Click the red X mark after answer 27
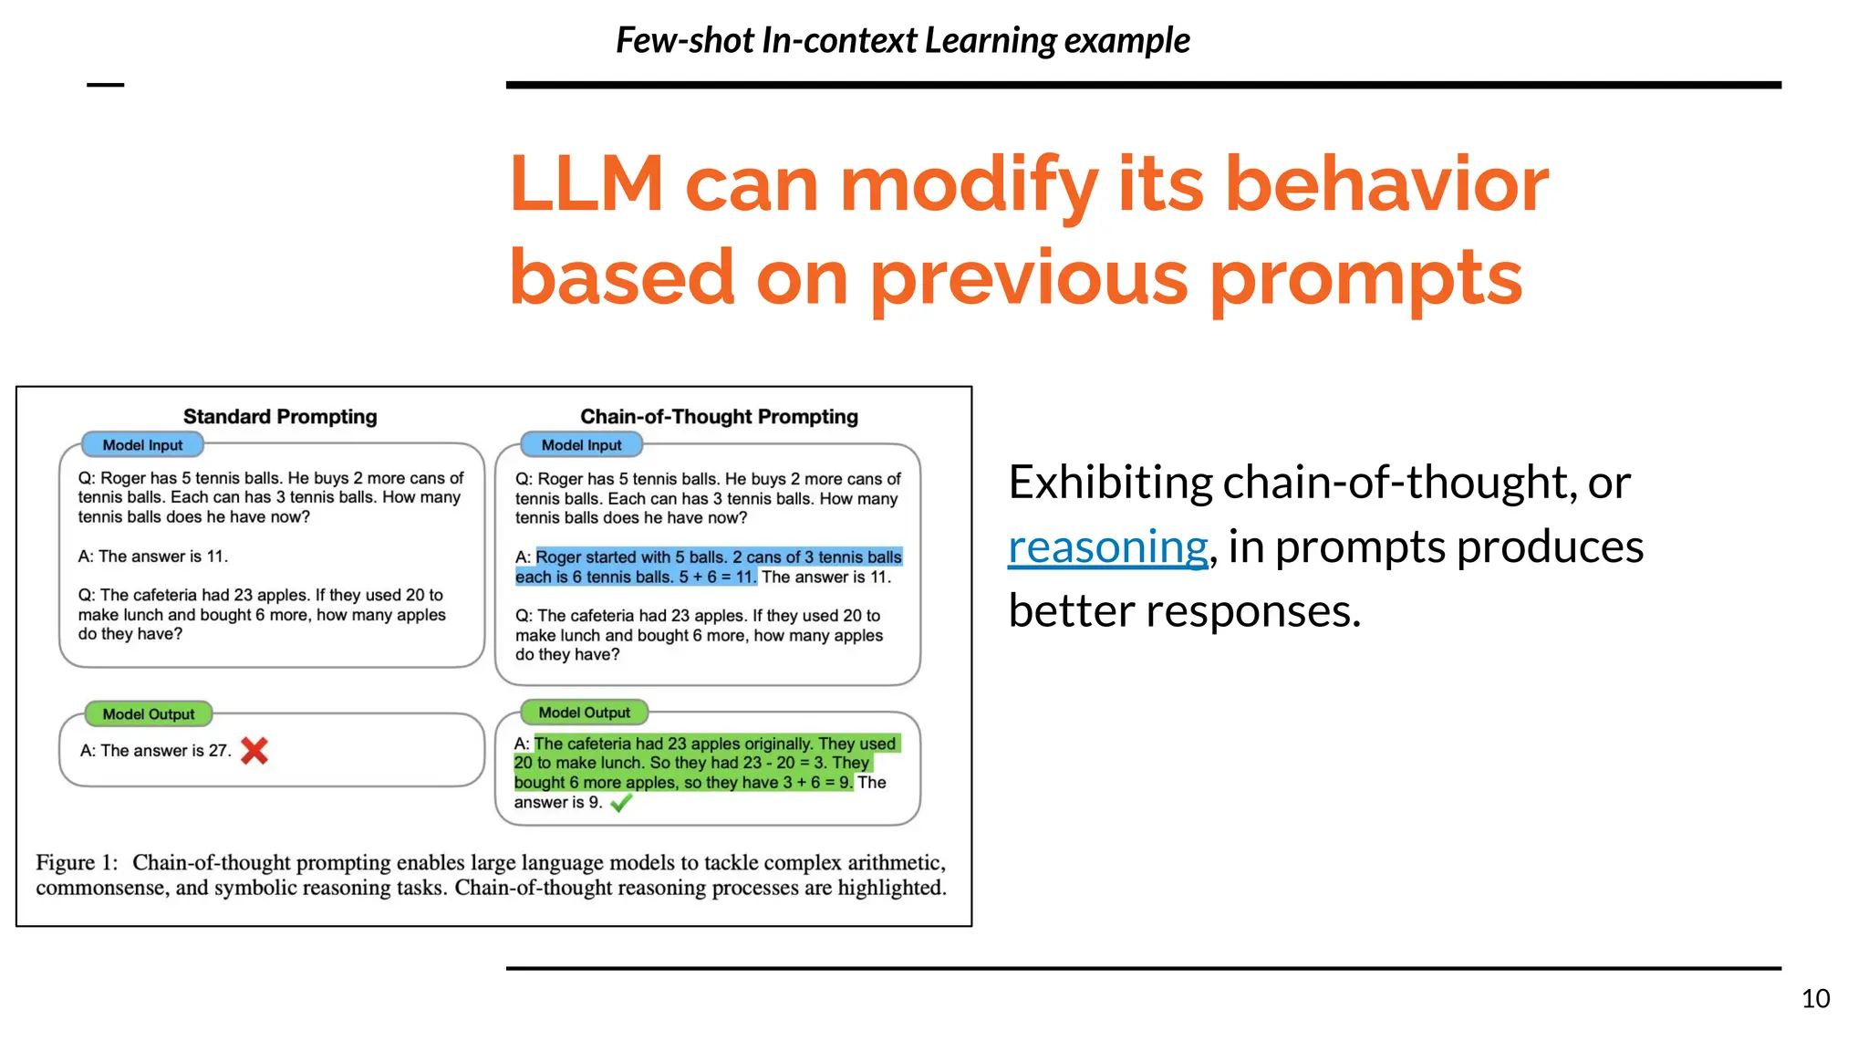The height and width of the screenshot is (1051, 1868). [x=254, y=751]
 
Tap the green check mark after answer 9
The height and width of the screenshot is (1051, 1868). [x=621, y=803]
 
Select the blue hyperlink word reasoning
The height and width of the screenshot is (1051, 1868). [x=1107, y=546]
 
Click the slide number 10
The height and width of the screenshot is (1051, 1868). [x=1815, y=998]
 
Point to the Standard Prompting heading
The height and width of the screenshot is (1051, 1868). [x=280, y=417]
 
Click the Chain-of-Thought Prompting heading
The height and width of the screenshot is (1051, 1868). [x=719, y=417]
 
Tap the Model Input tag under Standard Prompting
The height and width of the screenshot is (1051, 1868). [x=142, y=445]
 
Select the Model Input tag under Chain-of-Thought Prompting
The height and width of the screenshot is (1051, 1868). [x=581, y=445]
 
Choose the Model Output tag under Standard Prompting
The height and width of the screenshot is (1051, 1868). [x=148, y=714]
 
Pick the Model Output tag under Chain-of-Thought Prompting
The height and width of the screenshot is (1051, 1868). [x=584, y=713]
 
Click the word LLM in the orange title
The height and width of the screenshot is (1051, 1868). [x=586, y=184]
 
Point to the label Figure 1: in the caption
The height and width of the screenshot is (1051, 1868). [x=77, y=863]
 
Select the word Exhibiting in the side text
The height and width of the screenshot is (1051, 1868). [x=1109, y=483]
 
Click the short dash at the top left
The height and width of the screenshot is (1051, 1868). [x=105, y=85]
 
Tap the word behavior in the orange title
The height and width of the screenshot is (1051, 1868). [x=1385, y=184]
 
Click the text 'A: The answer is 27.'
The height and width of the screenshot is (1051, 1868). [x=155, y=751]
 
